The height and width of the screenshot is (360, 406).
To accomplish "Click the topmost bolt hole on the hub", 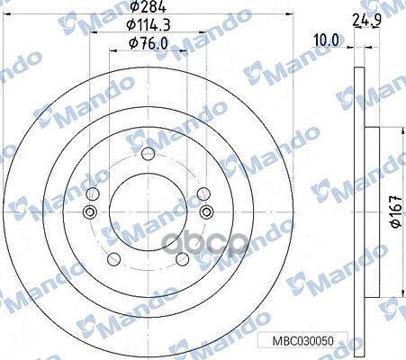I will coord(149,152).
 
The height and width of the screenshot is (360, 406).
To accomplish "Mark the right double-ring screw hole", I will coord(208,212).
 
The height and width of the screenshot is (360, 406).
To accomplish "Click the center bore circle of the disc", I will coord(149,212).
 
